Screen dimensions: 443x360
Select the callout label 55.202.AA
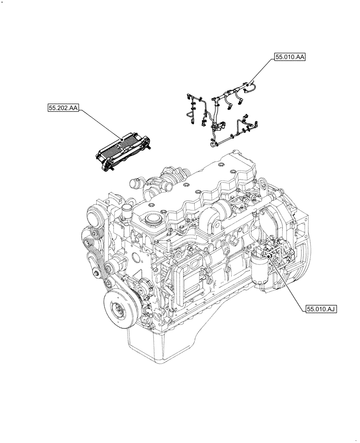pos(62,108)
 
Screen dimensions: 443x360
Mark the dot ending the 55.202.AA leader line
pos(122,140)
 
